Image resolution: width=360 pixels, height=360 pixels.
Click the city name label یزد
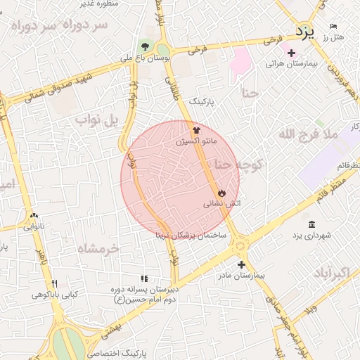click(x=304, y=31)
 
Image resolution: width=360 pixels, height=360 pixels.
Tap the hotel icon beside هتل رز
click(x=333, y=27)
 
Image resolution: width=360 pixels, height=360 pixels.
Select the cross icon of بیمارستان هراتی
click(x=291, y=53)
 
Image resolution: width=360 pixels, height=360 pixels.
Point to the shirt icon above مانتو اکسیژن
click(x=197, y=130)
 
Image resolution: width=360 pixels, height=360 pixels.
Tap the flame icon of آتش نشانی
click(x=221, y=192)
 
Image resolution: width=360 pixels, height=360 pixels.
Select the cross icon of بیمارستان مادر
click(x=242, y=265)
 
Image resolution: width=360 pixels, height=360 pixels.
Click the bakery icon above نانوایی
click(x=33, y=216)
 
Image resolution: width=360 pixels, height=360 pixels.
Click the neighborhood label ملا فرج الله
click(x=308, y=133)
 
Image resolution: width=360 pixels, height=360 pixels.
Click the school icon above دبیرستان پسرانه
click(x=144, y=279)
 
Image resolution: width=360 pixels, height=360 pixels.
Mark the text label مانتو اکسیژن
click(x=195, y=142)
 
